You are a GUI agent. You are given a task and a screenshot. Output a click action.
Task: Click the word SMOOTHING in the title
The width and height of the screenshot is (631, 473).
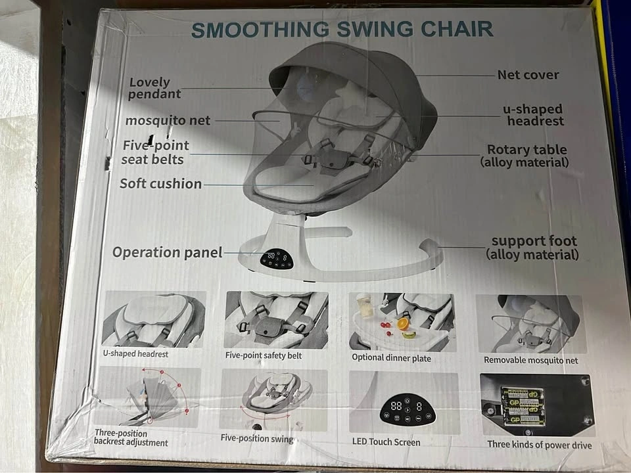pyautogui.click(x=260, y=30)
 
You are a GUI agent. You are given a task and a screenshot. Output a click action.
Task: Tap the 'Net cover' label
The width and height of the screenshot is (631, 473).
pyautogui.click(x=528, y=75)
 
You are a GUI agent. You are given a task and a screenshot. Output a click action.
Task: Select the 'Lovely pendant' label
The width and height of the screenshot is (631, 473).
pyautogui.click(x=155, y=88)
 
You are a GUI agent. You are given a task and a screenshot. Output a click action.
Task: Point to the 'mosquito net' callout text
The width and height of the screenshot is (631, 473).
pyautogui.click(x=168, y=121)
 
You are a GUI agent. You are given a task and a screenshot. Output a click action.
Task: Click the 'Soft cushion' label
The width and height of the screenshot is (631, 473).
pyautogui.click(x=160, y=184)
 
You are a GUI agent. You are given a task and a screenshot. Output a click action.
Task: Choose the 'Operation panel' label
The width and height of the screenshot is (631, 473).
pyautogui.click(x=168, y=252)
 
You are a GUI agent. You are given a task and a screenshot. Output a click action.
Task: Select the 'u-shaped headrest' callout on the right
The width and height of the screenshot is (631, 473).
pyautogui.click(x=533, y=115)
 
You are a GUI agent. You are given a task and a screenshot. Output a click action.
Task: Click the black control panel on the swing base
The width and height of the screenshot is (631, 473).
pyautogui.click(x=277, y=259)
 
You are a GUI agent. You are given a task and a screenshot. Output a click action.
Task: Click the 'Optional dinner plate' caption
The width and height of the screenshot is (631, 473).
pyautogui.click(x=391, y=358)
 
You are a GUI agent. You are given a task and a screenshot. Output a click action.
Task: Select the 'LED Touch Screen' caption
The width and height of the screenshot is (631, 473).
pyautogui.click(x=386, y=442)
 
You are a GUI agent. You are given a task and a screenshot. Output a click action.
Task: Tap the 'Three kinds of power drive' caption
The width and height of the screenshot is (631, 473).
pyautogui.click(x=539, y=445)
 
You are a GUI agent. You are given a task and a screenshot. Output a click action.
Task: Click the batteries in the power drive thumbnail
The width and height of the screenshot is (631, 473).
pyautogui.click(x=521, y=406)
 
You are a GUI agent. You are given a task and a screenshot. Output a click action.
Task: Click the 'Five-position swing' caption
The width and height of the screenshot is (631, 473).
pyautogui.click(x=257, y=438)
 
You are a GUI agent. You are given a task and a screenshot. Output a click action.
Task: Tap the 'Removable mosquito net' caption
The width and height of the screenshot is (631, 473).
pyautogui.click(x=531, y=361)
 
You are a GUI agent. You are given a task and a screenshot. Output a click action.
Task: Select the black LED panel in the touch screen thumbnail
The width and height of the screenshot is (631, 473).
pyautogui.click(x=408, y=408)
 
